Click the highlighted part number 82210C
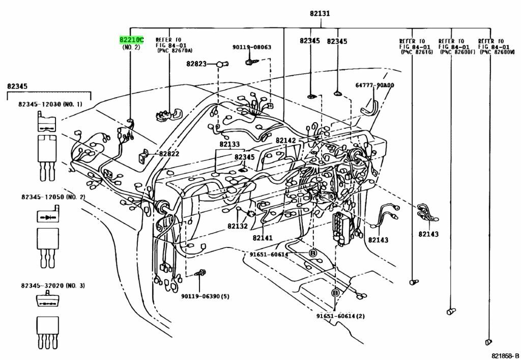pos(131,40)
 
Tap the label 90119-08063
pos(252,47)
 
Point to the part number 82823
pos(196,64)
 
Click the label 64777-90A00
pos(374,85)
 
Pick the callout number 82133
pos(229,145)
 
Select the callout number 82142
pos(285,141)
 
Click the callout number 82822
pos(169,154)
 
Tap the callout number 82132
pos(237,226)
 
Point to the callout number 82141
pos(263,238)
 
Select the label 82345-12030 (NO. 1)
pos(50,104)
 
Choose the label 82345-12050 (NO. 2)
pos(53,197)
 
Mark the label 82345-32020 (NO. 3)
pos(53,286)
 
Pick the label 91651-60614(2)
pos(340,316)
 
